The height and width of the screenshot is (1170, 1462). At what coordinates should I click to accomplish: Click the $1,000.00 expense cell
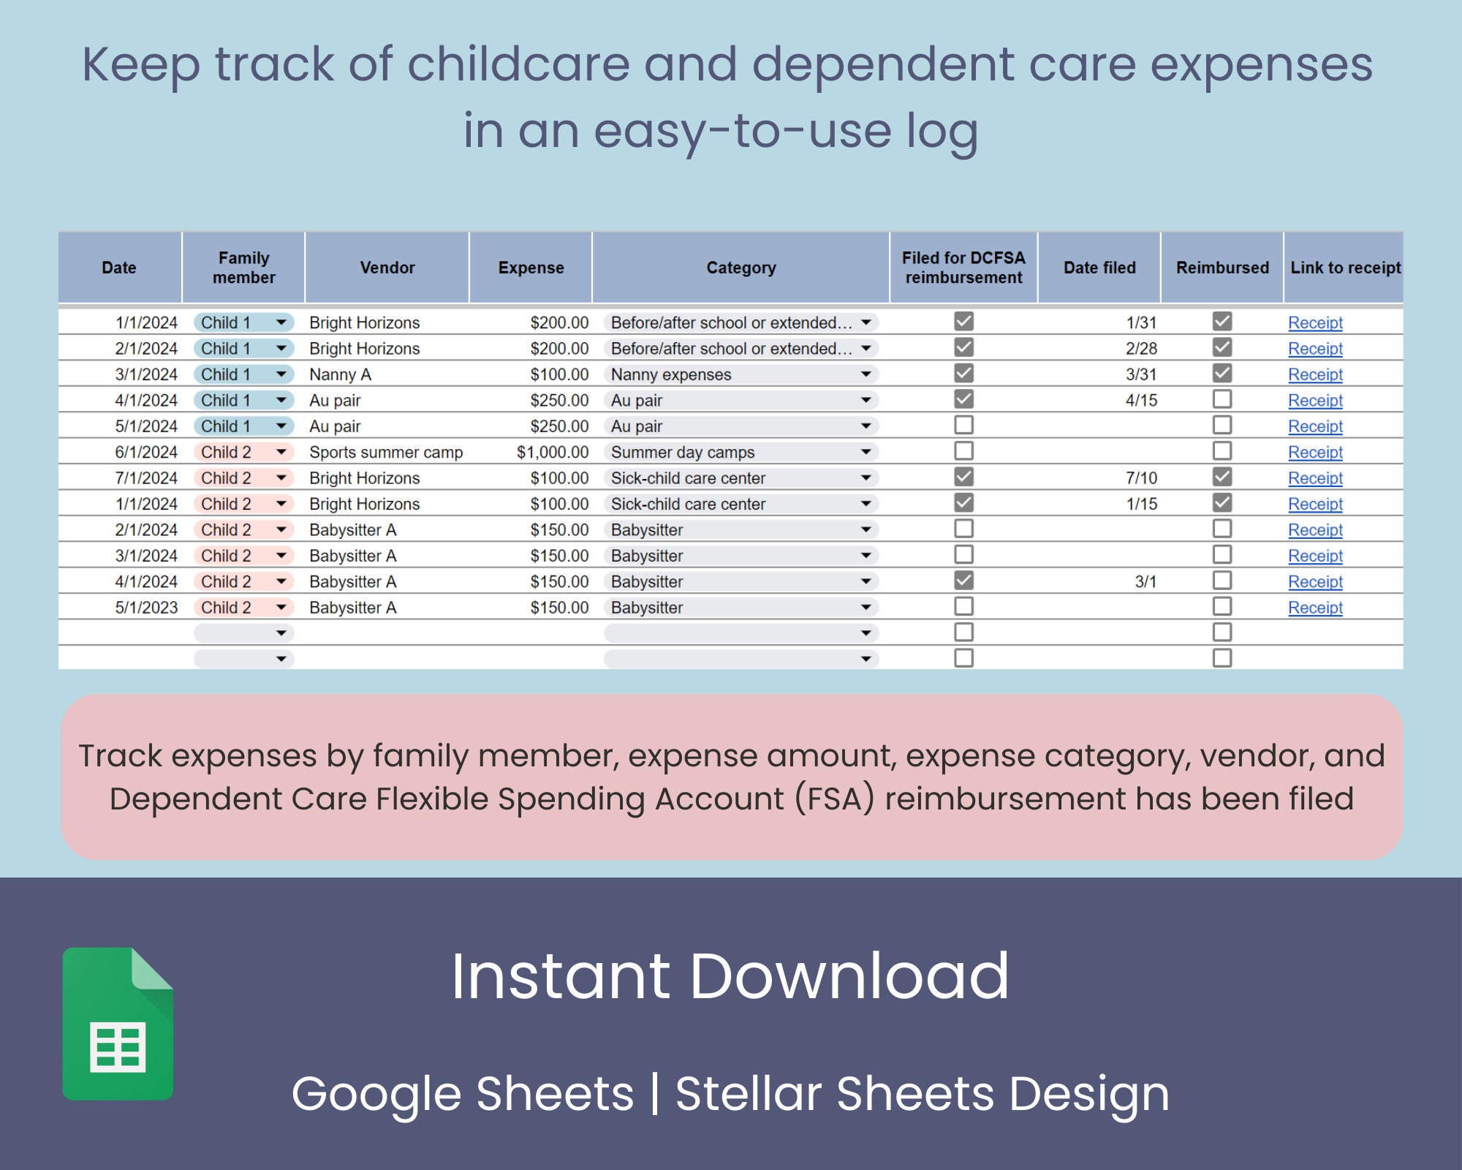click(552, 452)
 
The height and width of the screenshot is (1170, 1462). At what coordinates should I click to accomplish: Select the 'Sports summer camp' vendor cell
click(386, 452)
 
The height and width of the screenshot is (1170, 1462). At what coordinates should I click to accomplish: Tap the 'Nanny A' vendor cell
click(340, 374)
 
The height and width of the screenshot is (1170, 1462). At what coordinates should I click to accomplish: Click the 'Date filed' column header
click(1099, 268)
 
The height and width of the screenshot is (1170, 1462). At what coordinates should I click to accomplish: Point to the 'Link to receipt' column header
click(1345, 268)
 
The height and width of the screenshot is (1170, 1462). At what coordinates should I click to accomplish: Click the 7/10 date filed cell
click(1141, 478)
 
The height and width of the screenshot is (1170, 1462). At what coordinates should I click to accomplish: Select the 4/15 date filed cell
click(1141, 401)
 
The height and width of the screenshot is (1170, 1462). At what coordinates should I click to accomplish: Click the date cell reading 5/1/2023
click(146, 608)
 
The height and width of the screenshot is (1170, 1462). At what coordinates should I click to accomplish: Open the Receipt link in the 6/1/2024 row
click(1315, 452)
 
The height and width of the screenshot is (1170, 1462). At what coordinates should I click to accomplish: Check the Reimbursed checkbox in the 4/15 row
click(1222, 399)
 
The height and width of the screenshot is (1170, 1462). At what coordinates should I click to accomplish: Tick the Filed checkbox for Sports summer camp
click(963, 450)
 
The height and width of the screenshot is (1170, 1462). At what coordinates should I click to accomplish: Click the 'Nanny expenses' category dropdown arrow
click(866, 374)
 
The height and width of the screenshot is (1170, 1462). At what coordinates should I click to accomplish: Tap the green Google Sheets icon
click(118, 1024)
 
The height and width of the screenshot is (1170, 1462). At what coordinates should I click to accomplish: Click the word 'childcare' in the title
click(518, 64)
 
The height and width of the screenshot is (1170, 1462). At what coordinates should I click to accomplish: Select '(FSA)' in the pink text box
click(834, 799)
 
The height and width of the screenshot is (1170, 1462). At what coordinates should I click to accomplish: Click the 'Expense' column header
click(531, 268)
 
